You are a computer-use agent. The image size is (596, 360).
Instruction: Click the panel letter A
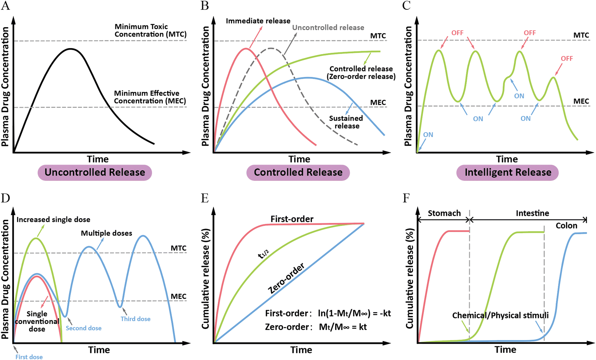(x=6, y=6)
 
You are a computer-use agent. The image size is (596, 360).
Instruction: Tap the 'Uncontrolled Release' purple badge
(x=95, y=172)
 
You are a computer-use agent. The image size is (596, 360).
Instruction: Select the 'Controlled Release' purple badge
(x=298, y=172)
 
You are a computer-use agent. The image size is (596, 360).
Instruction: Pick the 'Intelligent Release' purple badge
(x=508, y=172)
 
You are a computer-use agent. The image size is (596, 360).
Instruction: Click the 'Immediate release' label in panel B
(x=258, y=21)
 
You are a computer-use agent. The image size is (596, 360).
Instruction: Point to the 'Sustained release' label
(x=346, y=122)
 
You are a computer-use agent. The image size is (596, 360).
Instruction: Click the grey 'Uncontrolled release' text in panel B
(x=328, y=28)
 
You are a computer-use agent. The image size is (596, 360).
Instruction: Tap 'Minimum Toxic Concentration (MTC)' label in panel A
(x=150, y=31)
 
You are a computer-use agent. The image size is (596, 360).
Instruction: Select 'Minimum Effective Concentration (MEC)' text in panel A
(x=150, y=97)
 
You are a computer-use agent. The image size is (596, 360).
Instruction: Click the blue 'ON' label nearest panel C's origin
(x=428, y=135)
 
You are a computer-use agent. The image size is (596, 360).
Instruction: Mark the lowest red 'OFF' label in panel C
(x=567, y=59)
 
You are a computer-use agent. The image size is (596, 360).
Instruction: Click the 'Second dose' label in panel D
(x=83, y=328)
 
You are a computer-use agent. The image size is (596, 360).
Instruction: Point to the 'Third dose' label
(x=135, y=319)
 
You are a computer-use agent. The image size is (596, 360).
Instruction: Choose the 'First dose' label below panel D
(x=29, y=357)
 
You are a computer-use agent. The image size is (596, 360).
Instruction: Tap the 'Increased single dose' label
(x=53, y=220)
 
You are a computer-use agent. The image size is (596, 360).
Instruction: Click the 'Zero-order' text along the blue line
(x=286, y=278)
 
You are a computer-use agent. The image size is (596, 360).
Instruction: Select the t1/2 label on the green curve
(x=263, y=254)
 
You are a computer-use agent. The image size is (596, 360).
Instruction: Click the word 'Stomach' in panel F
(x=444, y=213)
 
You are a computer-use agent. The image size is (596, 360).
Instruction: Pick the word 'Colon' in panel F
(x=566, y=226)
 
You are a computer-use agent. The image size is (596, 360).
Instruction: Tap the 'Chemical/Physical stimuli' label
(x=500, y=315)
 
